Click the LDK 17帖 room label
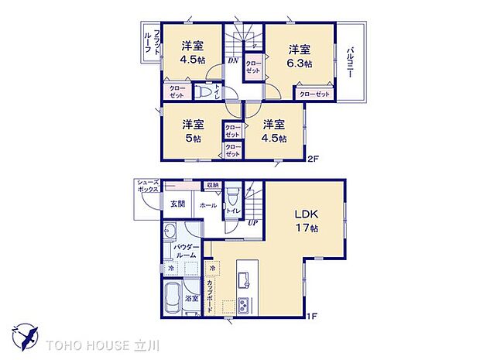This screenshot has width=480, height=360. tap(305, 221)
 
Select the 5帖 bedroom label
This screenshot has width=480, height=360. tap(193, 131)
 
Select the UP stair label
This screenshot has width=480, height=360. tap(252, 223)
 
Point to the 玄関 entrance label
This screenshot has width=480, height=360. tap(177, 204)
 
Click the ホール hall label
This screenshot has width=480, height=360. tap(207, 205)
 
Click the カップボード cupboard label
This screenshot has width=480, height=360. tap(210, 295)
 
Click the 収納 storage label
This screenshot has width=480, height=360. tap(212, 185)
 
